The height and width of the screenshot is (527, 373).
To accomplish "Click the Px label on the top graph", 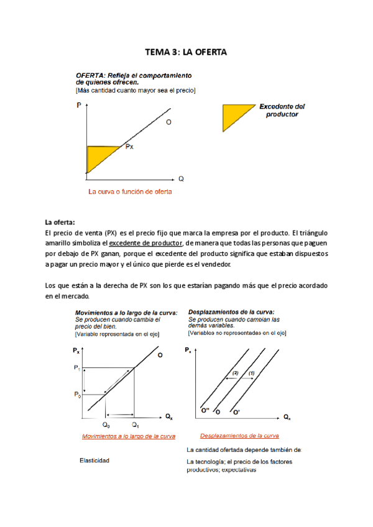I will (129, 147).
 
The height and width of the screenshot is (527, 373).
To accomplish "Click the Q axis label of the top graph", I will (181, 178).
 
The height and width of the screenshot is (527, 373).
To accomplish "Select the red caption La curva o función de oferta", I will (130, 191).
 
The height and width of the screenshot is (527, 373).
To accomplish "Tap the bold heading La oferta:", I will (60, 222).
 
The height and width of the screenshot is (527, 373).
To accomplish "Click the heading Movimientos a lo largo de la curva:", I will (126, 312).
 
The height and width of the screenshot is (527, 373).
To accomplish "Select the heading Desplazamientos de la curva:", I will (231, 312).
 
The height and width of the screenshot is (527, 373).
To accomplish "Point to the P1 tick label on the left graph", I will (77, 368).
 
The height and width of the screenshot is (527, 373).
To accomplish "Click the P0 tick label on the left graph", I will (77, 395).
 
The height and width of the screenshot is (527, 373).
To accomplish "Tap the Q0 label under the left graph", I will (106, 424).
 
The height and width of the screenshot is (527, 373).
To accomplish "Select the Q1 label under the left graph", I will (134, 424).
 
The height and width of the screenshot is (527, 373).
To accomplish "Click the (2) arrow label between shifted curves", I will (235, 373).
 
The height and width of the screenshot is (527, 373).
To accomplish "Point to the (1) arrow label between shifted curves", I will (251, 373).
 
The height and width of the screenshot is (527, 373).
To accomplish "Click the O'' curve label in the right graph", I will (205, 411).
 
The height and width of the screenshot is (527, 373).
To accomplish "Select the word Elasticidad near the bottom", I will (94, 461).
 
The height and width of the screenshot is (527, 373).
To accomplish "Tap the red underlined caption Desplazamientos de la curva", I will (239, 436).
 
